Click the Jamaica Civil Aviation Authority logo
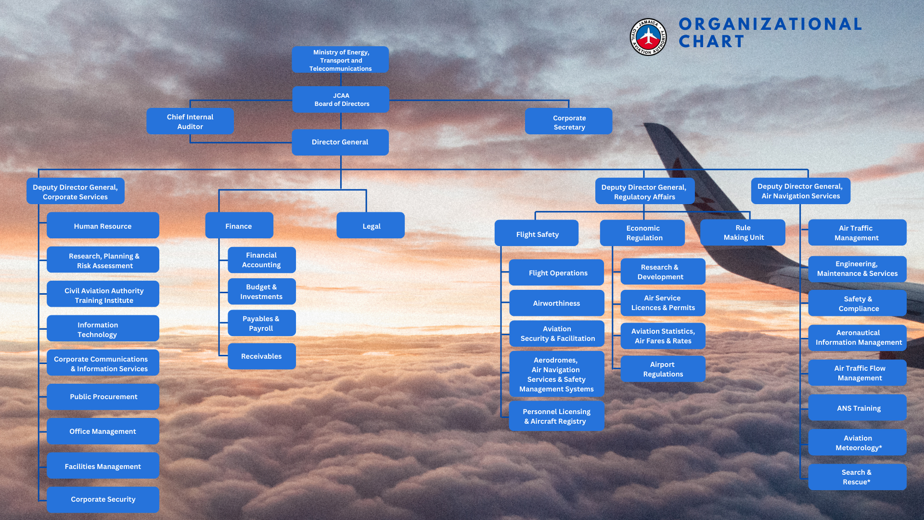648,37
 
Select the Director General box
340,142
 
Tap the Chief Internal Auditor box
190,121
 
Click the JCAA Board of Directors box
341,100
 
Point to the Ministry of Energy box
340,60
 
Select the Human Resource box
103,225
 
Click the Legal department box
371,225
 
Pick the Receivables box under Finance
262,356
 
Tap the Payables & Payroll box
262,323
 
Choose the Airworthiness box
557,303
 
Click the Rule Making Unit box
743,233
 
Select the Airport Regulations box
663,369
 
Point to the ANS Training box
858,408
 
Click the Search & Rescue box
858,477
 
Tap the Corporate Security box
103,500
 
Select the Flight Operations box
557,273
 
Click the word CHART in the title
711,42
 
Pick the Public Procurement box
103,397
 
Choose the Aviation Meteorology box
858,442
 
